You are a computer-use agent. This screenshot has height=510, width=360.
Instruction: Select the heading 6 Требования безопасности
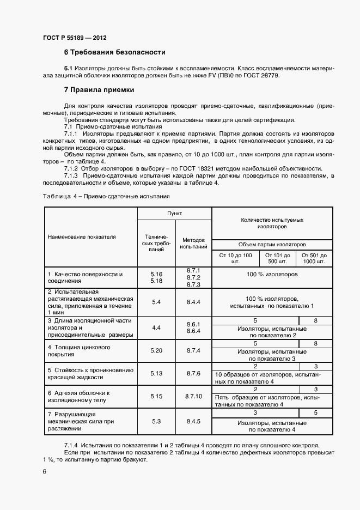point(114,53)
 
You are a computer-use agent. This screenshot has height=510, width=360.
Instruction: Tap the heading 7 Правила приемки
point(99,89)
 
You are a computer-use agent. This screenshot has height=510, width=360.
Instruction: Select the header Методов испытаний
point(194,243)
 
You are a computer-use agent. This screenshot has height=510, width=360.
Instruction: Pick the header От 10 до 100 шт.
point(235,258)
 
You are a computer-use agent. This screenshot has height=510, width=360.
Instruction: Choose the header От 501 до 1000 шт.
point(314,258)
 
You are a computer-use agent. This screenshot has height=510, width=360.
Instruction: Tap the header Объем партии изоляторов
point(272,245)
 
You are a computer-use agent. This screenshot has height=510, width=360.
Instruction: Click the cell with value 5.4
point(156,301)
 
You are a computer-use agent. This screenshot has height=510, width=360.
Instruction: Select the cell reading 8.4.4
point(194,301)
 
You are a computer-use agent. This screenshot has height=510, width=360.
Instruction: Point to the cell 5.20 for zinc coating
point(156,350)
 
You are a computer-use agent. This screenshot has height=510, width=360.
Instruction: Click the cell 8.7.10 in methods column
point(194,397)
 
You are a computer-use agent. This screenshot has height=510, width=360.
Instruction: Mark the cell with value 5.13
point(156,373)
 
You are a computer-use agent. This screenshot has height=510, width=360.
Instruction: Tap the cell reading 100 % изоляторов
point(272,275)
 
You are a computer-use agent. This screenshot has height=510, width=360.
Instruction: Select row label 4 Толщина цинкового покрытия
point(80,350)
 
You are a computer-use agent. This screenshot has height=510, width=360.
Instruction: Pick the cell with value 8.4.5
point(194,422)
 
